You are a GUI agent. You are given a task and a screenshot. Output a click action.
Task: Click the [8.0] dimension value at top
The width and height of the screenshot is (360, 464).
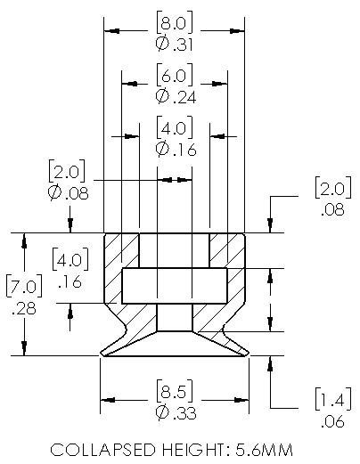(175, 22)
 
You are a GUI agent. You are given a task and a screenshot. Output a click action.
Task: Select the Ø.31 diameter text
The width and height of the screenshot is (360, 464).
(175, 44)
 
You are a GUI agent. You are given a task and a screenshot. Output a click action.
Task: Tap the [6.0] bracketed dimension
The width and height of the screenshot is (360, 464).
(175, 75)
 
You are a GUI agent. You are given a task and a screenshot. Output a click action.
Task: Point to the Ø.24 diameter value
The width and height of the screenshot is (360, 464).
(176, 97)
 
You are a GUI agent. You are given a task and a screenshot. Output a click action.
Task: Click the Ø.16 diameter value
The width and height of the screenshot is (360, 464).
(176, 149)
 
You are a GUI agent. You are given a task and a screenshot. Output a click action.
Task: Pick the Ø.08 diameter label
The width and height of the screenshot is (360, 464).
(68, 193)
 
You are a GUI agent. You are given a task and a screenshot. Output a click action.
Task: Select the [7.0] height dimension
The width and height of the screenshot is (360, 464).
(24, 286)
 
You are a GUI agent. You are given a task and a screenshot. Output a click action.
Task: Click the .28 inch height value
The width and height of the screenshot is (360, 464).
(24, 308)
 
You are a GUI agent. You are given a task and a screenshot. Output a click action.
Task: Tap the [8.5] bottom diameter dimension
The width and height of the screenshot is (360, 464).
(175, 391)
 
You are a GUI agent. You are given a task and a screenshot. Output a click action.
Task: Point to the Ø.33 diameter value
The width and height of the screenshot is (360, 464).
(176, 412)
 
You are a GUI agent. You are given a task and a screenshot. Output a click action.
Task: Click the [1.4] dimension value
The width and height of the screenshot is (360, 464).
(333, 399)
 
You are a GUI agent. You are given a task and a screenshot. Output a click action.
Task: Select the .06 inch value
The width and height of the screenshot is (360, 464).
(332, 421)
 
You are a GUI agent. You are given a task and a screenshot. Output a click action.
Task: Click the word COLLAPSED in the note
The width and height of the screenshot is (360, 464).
(102, 450)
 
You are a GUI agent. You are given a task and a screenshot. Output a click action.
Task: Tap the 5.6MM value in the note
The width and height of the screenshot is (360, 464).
(265, 450)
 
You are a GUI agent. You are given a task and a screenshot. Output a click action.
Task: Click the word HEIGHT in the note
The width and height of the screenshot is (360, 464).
(192, 450)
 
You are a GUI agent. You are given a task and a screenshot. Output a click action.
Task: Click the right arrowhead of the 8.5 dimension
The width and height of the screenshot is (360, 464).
(241, 400)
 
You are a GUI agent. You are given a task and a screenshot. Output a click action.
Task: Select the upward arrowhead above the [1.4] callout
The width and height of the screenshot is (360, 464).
(270, 363)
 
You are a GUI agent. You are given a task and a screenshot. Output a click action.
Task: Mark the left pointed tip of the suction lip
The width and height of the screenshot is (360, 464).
(101, 354)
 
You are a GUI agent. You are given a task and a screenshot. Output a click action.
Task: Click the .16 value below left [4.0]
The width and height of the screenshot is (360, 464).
(70, 281)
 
